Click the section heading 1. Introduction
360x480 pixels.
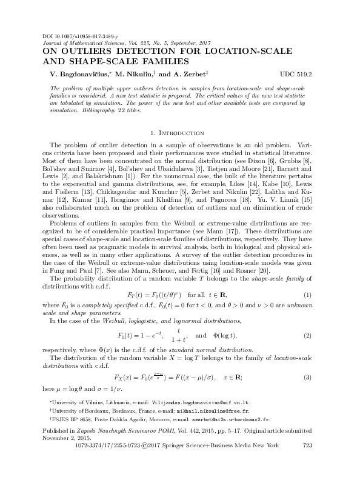pos(179,132)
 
